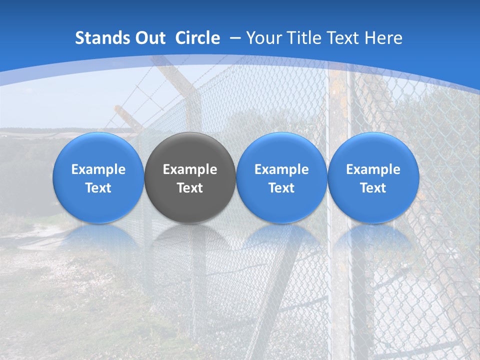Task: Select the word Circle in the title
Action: (x=197, y=38)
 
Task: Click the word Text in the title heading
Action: (x=345, y=38)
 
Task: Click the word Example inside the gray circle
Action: (x=190, y=169)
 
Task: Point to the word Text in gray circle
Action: (x=190, y=188)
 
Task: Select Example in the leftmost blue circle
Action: (x=98, y=169)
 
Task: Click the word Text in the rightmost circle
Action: (x=373, y=188)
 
